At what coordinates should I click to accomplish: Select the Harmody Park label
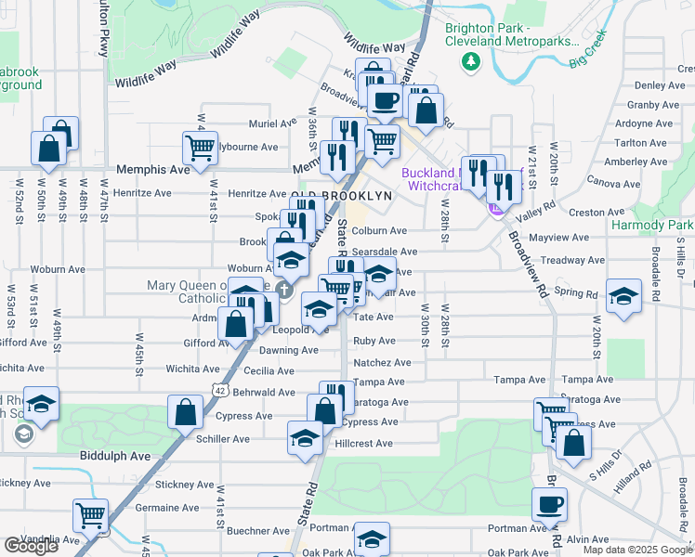652,226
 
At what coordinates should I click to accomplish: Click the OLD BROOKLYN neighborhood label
343,196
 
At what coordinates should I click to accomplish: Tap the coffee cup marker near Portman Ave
548,504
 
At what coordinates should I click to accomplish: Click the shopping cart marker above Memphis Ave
200,147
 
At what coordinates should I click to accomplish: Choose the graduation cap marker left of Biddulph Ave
41,404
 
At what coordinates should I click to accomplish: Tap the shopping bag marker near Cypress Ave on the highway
185,410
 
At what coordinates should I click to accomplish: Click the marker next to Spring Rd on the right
623,295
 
